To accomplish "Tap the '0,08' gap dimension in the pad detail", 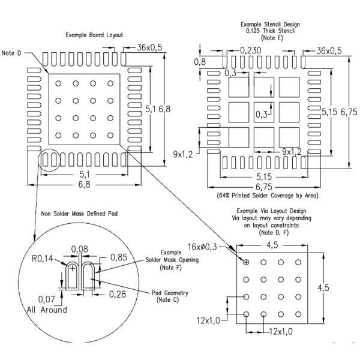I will pos(79,248).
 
